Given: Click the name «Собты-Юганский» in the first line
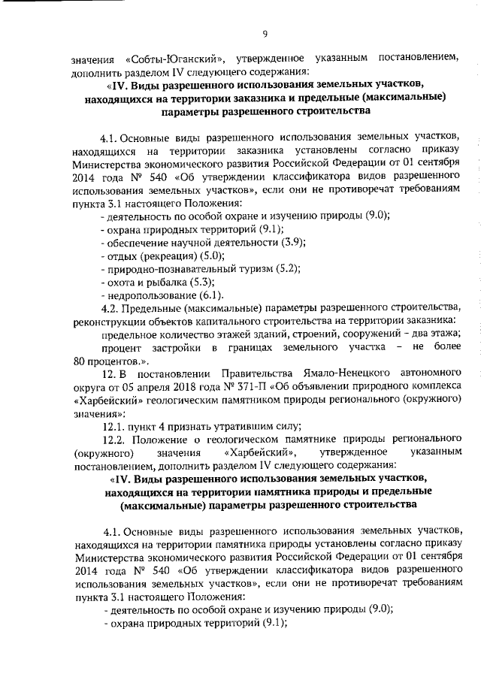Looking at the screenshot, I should [172, 59].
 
